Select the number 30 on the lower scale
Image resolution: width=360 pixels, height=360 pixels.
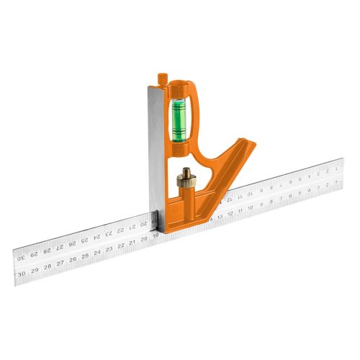[x=23, y=274]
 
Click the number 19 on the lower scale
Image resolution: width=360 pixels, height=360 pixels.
[x=156, y=236]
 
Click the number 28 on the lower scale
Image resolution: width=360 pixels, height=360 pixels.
[x=48, y=267]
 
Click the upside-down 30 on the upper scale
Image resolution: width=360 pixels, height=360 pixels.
[x=22, y=256]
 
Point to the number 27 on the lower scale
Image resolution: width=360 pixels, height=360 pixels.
[x=60, y=264]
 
